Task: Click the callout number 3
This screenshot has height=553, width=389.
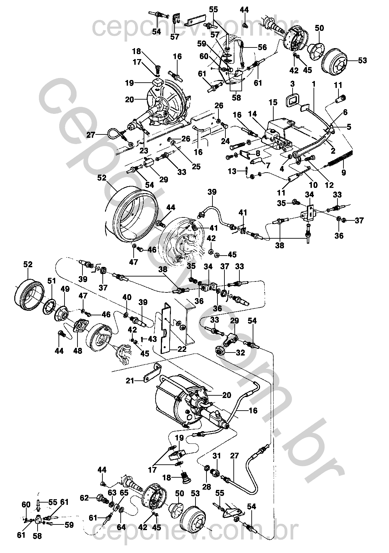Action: coord(293,84)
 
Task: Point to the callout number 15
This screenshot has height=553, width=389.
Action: coord(273,103)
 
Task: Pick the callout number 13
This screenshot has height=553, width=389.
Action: coord(232,171)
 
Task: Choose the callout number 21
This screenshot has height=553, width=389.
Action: coord(130,381)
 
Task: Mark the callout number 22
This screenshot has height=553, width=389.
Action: coord(182,350)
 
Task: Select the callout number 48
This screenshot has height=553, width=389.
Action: coord(78,351)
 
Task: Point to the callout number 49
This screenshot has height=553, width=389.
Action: coord(65,289)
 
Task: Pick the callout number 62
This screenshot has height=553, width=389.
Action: coord(84,498)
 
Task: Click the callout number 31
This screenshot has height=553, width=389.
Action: coord(216,456)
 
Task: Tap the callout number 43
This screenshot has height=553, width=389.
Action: coord(152,339)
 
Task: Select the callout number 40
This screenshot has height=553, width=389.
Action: coord(127,297)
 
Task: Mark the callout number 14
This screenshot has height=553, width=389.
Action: coord(252,114)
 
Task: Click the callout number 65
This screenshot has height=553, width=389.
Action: coord(124,493)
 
